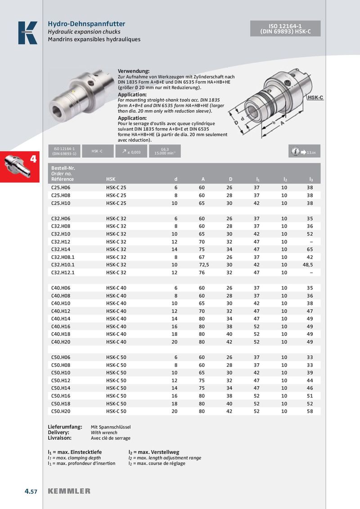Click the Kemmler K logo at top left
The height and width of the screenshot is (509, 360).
click(27, 33)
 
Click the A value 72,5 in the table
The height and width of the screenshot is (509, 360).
click(203, 264)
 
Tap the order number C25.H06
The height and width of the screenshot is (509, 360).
click(61, 188)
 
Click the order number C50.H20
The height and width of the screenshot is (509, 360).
click(61, 411)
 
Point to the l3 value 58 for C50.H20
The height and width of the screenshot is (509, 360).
click(310, 411)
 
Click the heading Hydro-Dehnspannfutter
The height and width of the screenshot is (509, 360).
click(86, 24)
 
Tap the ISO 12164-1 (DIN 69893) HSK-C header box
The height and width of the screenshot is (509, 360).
click(285, 29)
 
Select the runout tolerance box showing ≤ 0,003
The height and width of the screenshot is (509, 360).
click(131, 152)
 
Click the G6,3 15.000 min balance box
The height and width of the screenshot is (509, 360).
click(165, 152)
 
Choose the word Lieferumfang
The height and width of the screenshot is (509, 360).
click(65, 426)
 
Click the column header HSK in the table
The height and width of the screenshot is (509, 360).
click(111, 179)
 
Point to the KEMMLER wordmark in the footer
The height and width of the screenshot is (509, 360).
click(69, 491)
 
